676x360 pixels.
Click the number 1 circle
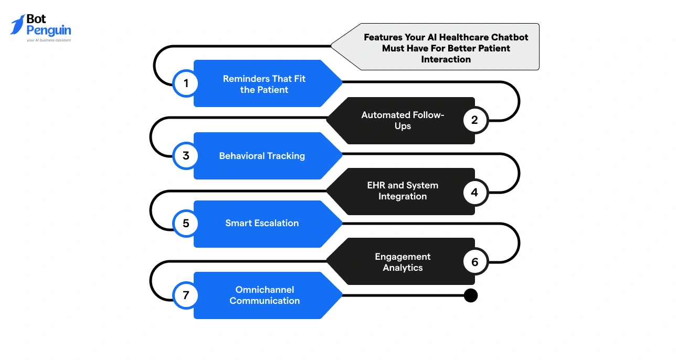tap(185, 83)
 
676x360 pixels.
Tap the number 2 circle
tap(475, 120)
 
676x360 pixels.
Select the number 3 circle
tap(185, 156)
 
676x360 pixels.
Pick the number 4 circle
tap(475, 192)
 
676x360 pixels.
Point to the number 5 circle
tap(185, 224)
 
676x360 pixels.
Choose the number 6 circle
tap(475, 261)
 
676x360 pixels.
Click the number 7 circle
tap(185, 295)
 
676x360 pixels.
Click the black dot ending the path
tap(471, 295)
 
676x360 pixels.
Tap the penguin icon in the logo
tap(17, 25)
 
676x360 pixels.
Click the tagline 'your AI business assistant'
tap(49, 40)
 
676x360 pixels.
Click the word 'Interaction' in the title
tap(446, 59)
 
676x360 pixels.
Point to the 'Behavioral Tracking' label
tap(262, 156)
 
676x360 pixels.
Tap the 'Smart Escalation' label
tap(262, 223)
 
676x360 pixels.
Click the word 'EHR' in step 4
tap(376, 185)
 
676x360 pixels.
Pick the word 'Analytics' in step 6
tap(403, 268)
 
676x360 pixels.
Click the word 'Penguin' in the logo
tap(49, 30)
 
